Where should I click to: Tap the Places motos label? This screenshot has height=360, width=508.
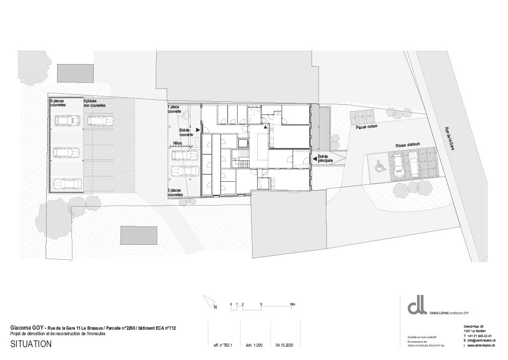point(367,127)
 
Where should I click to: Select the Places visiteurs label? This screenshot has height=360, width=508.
point(408,144)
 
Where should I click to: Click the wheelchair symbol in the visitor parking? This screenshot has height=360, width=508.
point(380,166)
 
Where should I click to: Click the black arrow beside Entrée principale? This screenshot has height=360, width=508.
point(315,158)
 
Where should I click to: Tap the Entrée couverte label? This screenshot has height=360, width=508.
point(186,132)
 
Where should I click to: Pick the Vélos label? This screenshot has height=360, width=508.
point(177,143)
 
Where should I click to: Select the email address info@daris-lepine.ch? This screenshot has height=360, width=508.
point(480,340)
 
